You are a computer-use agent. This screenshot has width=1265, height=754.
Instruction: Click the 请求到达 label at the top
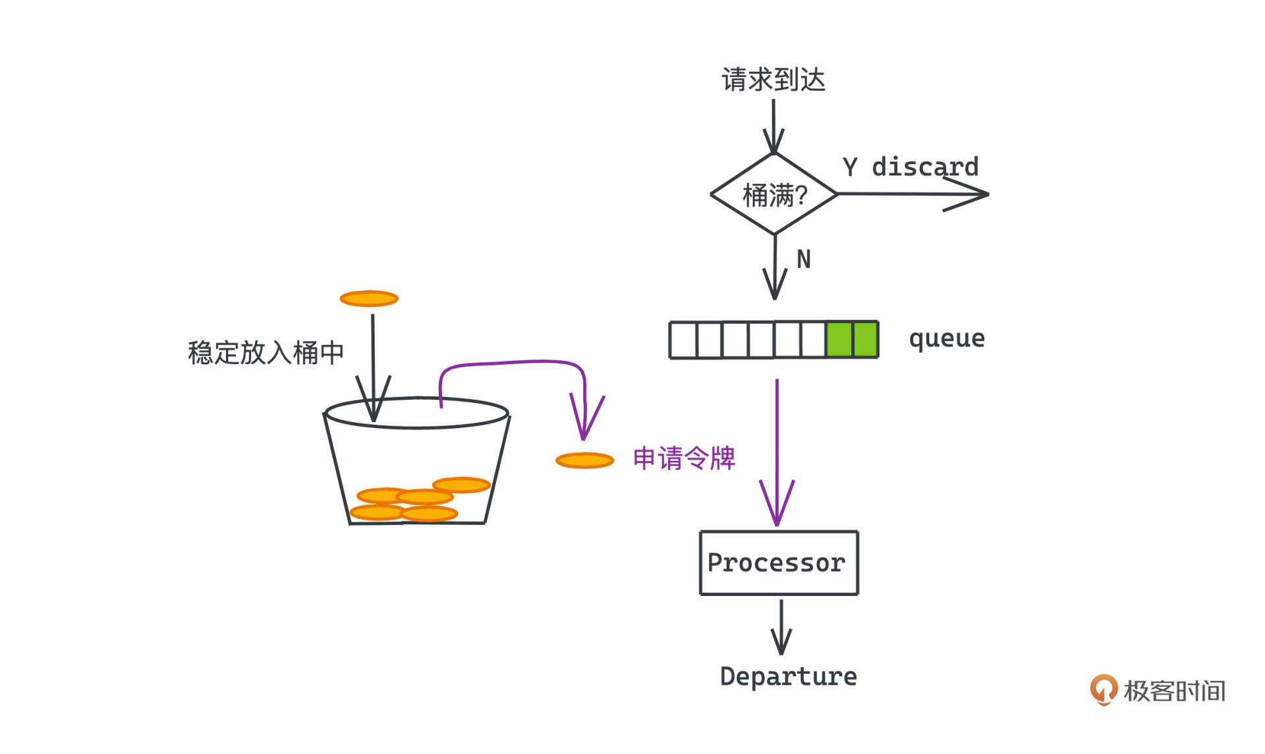(x=773, y=80)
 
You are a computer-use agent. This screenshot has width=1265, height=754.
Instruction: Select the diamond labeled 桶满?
(x=774, y=194)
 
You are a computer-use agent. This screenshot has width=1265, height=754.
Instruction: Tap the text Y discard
(x=911, y=167)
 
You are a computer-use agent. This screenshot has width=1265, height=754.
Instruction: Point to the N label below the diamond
(x=803, y=259)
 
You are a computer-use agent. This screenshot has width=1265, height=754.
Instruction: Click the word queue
(x=947, y=338)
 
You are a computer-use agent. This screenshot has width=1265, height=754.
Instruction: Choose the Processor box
(x=779, y=563)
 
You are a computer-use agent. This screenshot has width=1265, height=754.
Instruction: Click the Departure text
(x=788, y=677)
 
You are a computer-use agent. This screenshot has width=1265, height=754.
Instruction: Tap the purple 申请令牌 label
(x=684, y=458)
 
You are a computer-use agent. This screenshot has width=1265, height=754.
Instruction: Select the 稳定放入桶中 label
(x=266, y=353)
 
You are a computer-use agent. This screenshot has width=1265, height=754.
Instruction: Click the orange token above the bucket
(x=369, y=299)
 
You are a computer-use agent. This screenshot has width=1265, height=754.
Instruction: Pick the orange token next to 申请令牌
(x=584, y=460)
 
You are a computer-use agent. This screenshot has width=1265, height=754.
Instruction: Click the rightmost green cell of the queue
(x=865, y=340)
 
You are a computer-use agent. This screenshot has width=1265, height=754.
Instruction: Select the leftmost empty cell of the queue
(x=683, y=340)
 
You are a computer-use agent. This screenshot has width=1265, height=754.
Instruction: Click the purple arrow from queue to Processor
(x=777, y=454)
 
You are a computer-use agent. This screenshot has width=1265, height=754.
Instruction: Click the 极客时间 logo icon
(x=1104, y=689)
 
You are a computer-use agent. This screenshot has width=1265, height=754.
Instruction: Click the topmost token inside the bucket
(x=461, y=485)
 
